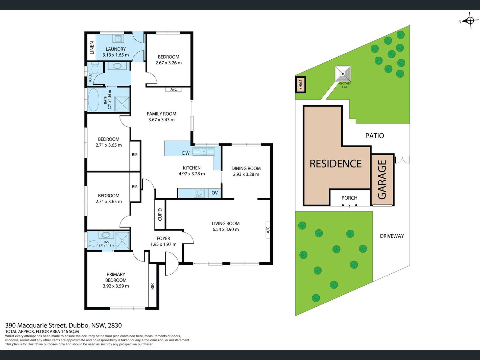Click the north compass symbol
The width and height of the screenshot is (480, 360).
[470, 20]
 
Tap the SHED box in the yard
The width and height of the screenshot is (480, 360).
[301, 85]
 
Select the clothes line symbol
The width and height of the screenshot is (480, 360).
[343, 74]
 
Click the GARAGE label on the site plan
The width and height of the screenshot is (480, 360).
[382, 180]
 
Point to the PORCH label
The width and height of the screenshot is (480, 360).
[349, 198]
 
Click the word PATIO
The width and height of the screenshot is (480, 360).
[375, 136]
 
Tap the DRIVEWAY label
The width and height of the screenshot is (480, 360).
[392, 236]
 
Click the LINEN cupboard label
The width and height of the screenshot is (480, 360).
[92, 48]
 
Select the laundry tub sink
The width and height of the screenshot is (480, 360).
[118, 38]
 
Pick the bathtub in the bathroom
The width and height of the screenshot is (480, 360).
[93, 100]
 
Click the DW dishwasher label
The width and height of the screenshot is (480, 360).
[186, 153]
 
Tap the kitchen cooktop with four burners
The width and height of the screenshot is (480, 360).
[199, 193]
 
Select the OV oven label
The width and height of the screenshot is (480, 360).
[214, 193]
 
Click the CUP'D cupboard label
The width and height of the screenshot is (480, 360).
[160, 214]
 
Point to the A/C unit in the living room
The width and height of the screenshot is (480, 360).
[268, 230]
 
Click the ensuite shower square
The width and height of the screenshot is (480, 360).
[122, 241]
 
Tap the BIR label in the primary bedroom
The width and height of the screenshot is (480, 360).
[152, 286]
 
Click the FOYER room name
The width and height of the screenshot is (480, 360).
[163, 238]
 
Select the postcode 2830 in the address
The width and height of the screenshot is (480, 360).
[115, 325]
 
